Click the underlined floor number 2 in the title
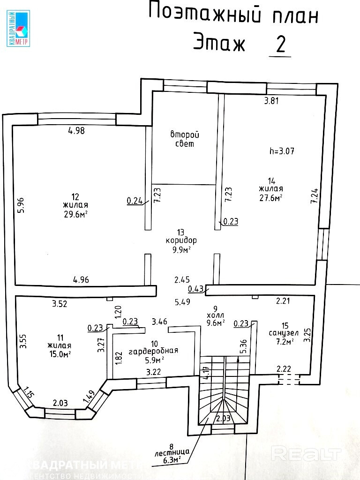(x=281, y=45)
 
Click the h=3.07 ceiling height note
(x=282, y=151)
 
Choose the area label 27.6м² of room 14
(x=270, y=198)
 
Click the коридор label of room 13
(x=181, y=240)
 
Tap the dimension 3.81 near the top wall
(x=272, y=100)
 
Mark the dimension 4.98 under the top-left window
(x=76, y=131)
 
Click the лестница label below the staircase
(x=171, y=452)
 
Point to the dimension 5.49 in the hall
(x=182, y=303)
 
